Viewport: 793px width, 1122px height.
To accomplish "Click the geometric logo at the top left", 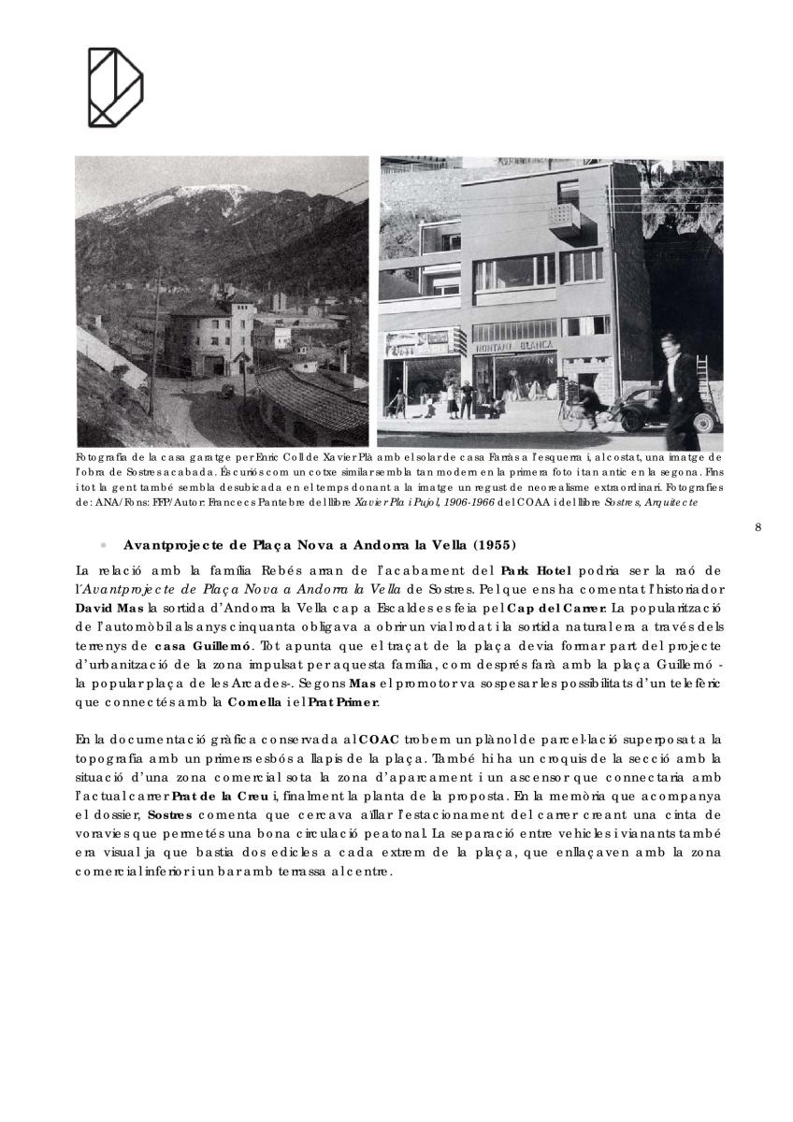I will coord(115,86).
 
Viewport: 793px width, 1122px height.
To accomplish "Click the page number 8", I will coord(758,527).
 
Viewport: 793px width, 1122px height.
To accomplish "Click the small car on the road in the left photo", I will coord(224,393).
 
